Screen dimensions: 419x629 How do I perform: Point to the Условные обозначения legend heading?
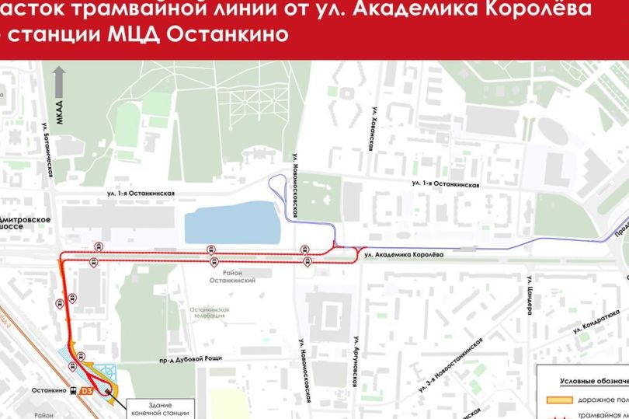tap(594, 382)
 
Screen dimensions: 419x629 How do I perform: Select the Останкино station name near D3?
tap(49, 391)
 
